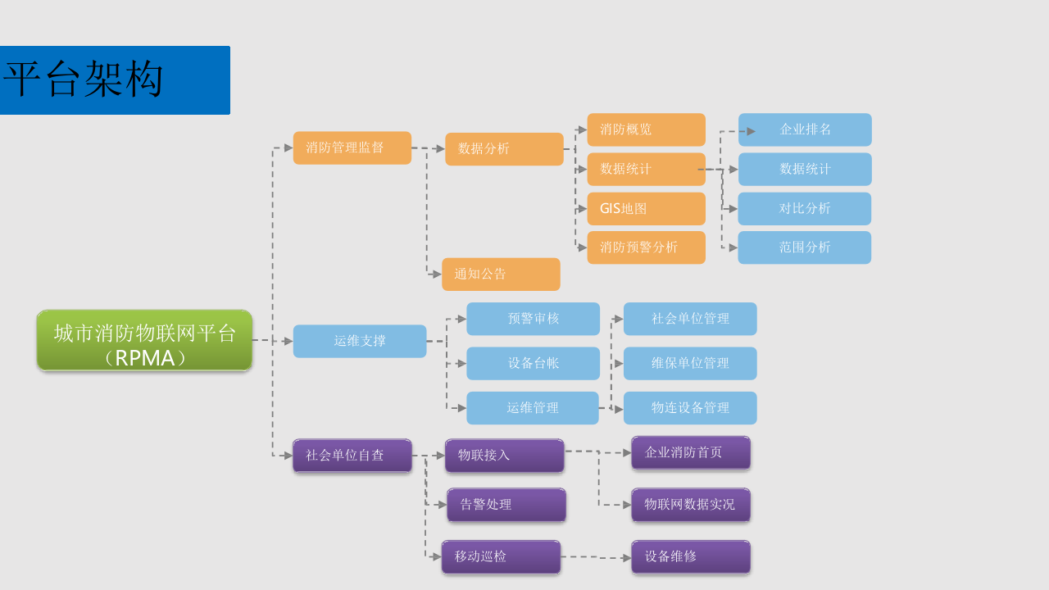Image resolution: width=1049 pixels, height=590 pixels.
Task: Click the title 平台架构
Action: tap(84, 79)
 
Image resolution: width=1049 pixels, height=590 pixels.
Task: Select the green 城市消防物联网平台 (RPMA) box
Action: tap(144, 340)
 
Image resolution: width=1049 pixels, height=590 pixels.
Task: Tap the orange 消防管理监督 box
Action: tap(352, 148)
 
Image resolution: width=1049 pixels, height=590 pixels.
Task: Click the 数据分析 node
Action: tap(504, 149)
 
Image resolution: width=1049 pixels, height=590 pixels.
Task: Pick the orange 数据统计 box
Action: tap(646, 169)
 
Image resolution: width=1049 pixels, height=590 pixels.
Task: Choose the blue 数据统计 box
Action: tap(805, 169)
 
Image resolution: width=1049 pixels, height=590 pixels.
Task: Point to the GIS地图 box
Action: tap(646, 209)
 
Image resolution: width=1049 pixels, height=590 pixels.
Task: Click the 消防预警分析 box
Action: tap(646, 247)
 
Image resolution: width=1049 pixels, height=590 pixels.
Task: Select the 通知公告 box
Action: tap(501, 275)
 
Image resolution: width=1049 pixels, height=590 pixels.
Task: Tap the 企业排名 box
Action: tap(805, 129)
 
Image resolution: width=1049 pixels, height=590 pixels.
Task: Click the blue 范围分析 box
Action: tap(804, 247)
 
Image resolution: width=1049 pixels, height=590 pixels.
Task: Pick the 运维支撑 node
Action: tap(360, 341)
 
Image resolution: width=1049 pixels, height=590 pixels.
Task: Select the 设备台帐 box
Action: tap(533, 363)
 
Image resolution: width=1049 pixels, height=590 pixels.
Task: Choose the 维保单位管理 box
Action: tap(690, 363)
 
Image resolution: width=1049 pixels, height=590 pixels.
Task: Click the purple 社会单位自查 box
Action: tap(352, 456)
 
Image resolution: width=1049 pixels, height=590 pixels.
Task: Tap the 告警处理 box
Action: tap(506, 505)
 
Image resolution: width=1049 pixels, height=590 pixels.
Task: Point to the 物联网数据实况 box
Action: tap(690, 505)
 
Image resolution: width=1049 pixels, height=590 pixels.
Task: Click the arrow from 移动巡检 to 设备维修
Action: tap(596, 557)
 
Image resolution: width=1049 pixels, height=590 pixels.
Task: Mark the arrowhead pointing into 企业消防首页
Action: tap(627, 452)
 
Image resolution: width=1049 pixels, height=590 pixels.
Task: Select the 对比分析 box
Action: tap(804, 209)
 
